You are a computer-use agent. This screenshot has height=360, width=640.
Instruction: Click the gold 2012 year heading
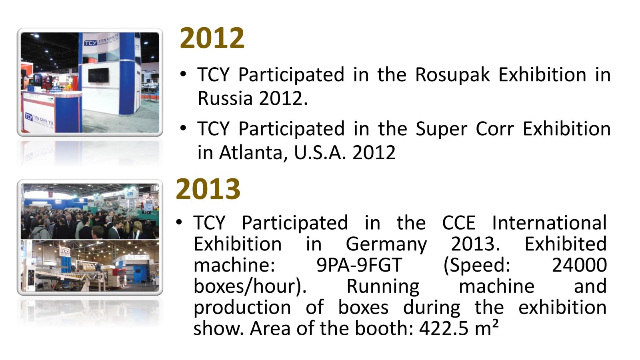tap(212, 38)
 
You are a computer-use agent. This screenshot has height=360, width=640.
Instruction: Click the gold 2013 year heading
tap(208, 189)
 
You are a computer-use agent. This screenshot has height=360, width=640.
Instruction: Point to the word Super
tap(442, 130)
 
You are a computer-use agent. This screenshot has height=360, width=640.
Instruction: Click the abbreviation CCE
tap(459, 223)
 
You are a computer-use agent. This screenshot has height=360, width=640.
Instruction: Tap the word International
tap(549, 223)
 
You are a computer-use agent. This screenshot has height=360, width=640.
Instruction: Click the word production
tap(242, 308)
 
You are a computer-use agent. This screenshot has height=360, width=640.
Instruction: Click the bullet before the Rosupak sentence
tap(183, 74)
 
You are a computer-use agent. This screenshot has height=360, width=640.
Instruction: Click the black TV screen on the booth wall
tap(98, 75)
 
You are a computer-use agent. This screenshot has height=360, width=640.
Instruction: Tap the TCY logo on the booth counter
tap(28, 116)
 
